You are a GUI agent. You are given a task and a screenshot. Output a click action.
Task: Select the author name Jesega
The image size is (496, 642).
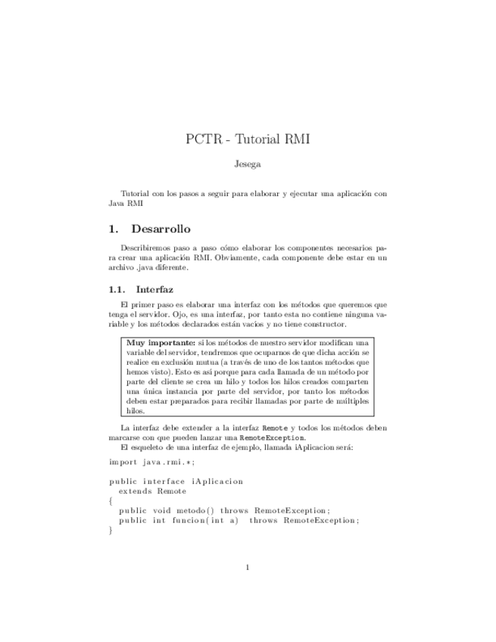coord(248,163)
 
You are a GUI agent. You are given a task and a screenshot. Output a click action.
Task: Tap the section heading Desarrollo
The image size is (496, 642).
coord(161,229)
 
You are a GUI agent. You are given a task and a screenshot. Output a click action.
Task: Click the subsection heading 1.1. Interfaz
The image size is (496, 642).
coord(142,289)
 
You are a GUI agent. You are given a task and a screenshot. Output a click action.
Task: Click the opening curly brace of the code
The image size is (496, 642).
coord(111,500)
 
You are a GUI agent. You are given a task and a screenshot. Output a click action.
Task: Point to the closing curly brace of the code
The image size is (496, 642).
coord(111,530)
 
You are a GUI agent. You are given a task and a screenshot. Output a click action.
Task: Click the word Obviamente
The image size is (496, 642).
coord(244,257)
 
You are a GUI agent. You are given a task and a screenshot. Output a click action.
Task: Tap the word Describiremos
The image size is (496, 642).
coord(146,248)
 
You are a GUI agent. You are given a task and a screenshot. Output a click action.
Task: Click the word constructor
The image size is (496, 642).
coord(322,324)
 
